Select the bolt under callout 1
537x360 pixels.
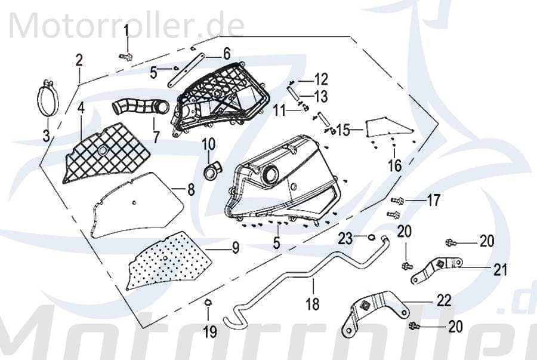coord(127,56)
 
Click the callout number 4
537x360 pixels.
coord(80,109)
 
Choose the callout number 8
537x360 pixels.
coord(190,190)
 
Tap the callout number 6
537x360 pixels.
coord(226,54)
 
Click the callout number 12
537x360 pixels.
coord(321,79)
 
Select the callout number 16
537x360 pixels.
coord(394,165)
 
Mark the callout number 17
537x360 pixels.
coord(434,201)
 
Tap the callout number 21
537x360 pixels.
coord(499,269)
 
